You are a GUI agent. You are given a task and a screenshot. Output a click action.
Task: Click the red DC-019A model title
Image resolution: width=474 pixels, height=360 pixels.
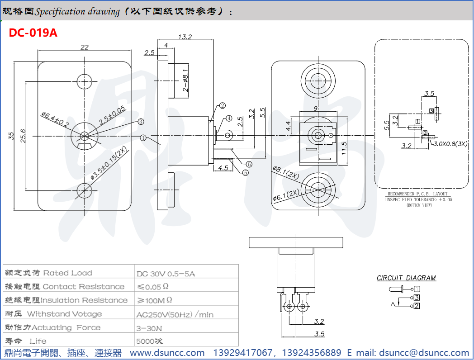[x=33, y=33]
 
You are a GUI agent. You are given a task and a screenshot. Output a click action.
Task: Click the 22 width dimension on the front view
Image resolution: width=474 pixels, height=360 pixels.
[x=84, y=47]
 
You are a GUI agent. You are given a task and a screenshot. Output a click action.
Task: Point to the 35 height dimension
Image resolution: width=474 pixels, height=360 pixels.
[x=10, y=136]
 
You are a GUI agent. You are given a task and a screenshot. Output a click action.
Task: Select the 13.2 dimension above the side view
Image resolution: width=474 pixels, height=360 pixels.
[x=185, y=37]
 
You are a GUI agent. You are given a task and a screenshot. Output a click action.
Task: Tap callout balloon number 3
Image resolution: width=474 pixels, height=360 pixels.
[x=141, y=122]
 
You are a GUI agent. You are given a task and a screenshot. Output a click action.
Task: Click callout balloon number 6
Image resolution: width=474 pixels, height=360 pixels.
[x=249, y=164]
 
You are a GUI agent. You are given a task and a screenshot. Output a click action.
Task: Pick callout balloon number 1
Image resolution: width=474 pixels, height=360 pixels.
[x=143, y=137]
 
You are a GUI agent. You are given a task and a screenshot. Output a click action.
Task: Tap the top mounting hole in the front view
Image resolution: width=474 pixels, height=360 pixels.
[x=85, y=82]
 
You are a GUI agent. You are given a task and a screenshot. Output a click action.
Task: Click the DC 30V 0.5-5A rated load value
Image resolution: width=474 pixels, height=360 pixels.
[x=166, y=274]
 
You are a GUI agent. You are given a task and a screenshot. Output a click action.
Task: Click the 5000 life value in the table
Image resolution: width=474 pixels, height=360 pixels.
[x=148, y=341]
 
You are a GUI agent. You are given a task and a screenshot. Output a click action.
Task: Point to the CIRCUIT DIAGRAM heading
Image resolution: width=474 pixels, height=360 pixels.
[x=406, y=278]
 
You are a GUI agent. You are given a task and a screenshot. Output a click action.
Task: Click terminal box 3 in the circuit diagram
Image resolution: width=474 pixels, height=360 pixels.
[x=417, y=298]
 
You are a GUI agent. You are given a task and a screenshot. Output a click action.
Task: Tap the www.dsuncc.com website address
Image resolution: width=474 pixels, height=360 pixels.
[x=167, y=353]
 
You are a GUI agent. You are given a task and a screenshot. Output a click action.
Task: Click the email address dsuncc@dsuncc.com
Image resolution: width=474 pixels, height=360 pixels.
[x=424, y=353]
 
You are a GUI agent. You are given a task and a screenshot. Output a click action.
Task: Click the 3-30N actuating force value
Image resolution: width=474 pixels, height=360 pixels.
[x=149, y=327]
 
